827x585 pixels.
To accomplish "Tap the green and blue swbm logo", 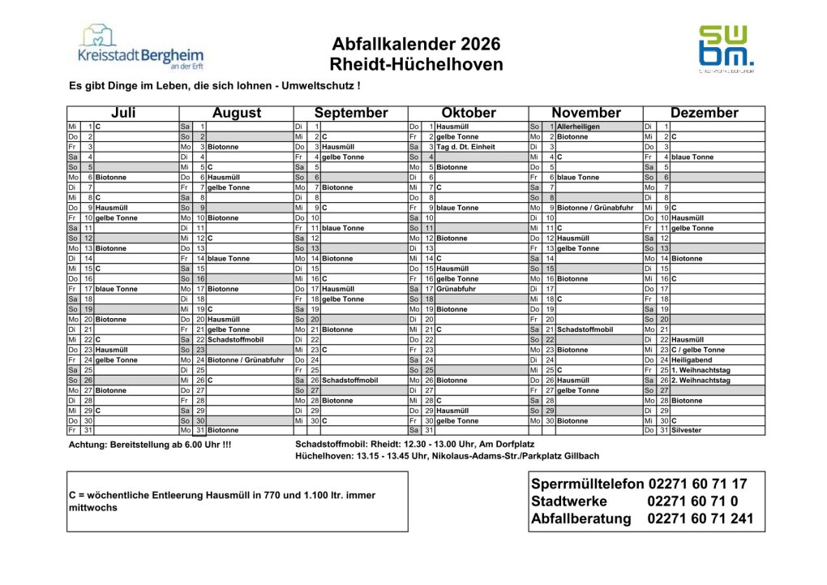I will [726, 49].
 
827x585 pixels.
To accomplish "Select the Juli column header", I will [122, 113].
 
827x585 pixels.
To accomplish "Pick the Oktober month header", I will [468, 113].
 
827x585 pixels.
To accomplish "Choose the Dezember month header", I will [704, 113].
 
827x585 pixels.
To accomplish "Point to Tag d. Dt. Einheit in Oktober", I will [465, 147].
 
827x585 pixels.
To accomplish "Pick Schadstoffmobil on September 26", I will [349, 380].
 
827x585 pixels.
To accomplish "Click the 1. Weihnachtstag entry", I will [700, 370].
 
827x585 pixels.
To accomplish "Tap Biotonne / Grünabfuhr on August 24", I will [245, 359].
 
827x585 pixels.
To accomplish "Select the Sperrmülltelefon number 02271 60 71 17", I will [697, 484].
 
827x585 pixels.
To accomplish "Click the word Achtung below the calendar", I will [88, 445].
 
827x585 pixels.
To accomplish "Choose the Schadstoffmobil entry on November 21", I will [585, 329].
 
